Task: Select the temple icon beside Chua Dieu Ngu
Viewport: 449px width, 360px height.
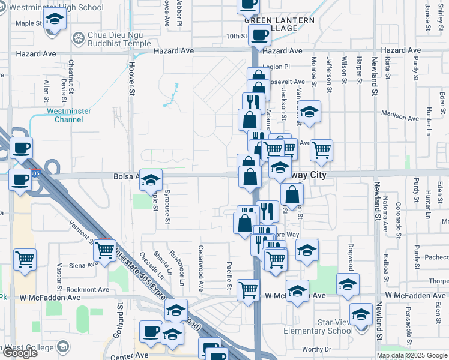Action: (78, 39)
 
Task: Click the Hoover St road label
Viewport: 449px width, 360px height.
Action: (131, 78)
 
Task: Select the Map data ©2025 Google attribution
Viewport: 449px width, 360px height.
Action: (412, 355)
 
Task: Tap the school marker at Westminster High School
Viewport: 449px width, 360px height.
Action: (55, 20)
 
